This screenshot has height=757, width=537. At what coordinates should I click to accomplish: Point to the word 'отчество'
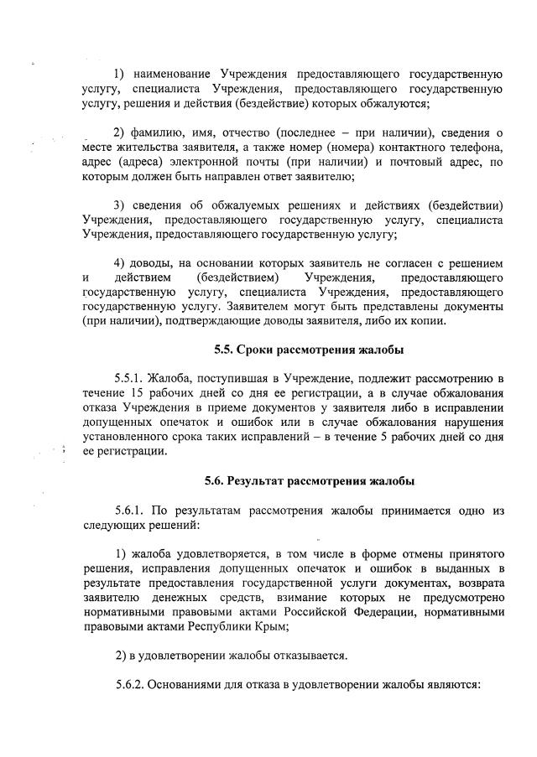point(243,133)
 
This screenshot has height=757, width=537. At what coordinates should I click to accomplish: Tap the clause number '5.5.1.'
point(128,377)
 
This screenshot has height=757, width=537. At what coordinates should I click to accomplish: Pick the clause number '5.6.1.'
point(128,510)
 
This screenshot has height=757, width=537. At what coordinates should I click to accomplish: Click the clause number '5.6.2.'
point(128,685)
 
